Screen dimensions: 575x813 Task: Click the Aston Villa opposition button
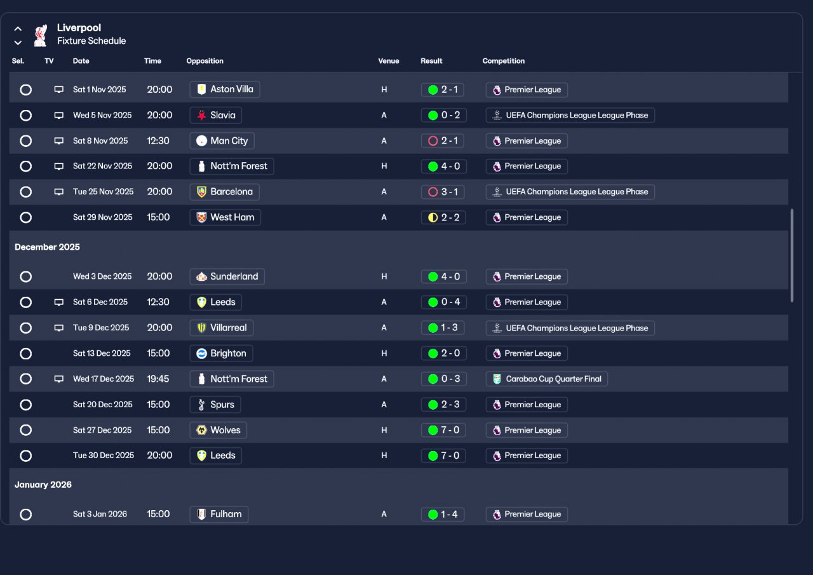pos(225,90)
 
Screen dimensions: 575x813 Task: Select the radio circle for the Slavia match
pos(25,116)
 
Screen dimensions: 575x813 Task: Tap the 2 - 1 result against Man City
pos(443,141)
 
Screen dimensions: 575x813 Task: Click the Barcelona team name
pos(231,192)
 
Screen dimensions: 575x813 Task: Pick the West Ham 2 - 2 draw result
pos(443,217)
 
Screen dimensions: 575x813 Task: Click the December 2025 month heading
pos(48,247)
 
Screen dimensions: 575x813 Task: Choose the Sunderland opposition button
pos(227,276)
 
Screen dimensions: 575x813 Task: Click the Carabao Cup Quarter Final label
pos(547,379)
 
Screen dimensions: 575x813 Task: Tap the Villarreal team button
pos(222,328)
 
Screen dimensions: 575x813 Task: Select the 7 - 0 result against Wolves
pos(443,430)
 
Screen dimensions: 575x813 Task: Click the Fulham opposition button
pos(219,514)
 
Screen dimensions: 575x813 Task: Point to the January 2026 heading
pos(43,485)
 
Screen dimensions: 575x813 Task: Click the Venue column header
pos(389,61)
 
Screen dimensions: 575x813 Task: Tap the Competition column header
pos(504,61)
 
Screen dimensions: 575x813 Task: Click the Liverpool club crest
pos(41,35)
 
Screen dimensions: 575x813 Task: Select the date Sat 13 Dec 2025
pos(102,353)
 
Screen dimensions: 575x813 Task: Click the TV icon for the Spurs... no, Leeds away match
pos(59,302)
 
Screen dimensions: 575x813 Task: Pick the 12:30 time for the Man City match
pos(158,141)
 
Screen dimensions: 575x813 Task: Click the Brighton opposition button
pos(222,353)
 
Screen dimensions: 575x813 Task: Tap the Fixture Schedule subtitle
pos(91,41)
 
